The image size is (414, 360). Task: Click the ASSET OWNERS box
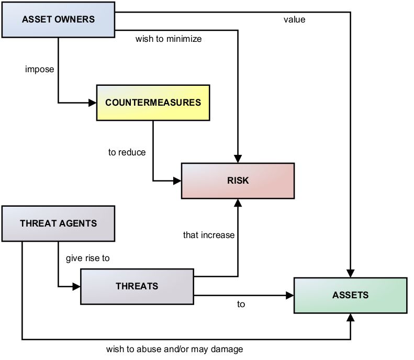[58, 20]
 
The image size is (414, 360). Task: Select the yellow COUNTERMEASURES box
[153, 102]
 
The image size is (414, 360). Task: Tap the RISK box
[238, 181]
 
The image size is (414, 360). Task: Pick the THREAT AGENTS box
[58, 223]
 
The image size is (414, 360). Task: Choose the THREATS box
[137, 286]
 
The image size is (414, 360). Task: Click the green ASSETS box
[350, 295]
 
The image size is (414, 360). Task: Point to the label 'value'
[294, 20]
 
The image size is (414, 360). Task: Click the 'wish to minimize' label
[168, 39]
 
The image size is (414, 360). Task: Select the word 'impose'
[39, 69]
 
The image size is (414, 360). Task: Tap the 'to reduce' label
[127, 152]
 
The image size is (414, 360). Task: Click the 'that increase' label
[208, 235]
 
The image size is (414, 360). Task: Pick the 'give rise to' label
[87, 258]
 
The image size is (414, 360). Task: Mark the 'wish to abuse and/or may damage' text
[174, 348]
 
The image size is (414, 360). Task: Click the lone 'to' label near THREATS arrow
[241, 304]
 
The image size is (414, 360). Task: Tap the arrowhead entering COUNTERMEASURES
[93, 102]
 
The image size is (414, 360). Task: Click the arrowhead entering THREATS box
[76, 286]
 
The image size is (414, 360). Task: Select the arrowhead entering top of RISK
[238, 159]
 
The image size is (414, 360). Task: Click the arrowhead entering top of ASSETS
[350, 273]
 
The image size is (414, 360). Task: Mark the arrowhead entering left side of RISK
[177, 181]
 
